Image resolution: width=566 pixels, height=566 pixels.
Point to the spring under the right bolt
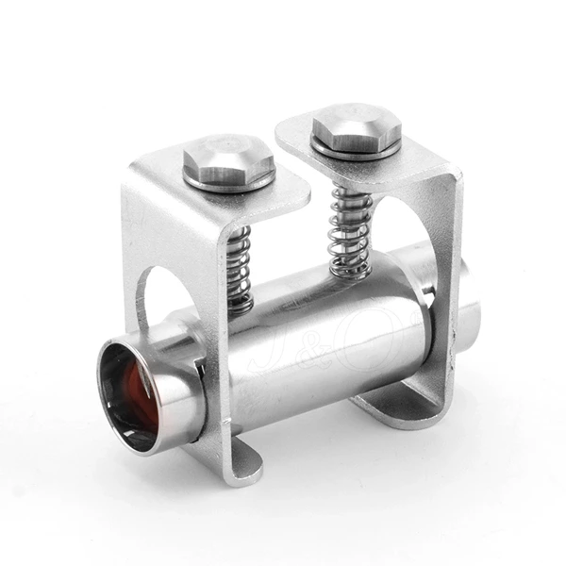coord(348,231)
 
